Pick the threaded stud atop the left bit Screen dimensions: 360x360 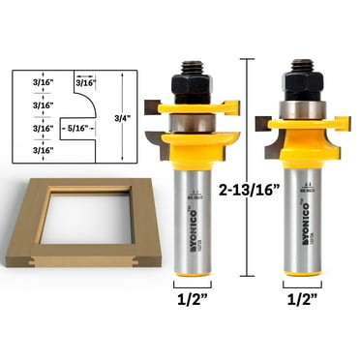(x=192, y=64)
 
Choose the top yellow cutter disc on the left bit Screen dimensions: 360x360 (x=192, y=109)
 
